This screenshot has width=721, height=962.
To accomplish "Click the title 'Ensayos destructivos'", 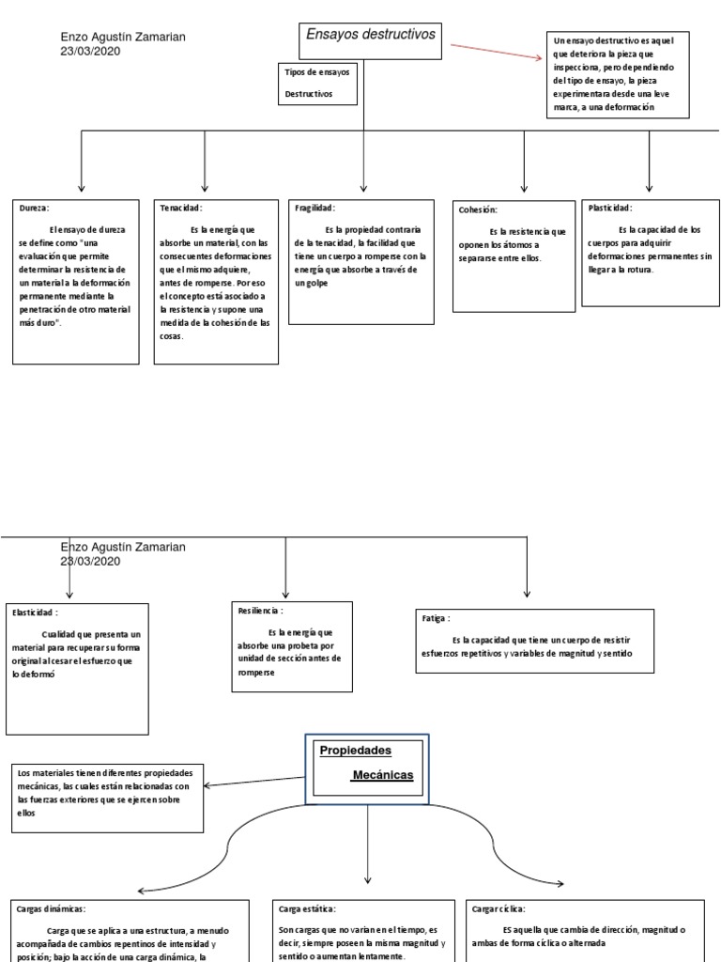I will tap(371, 34).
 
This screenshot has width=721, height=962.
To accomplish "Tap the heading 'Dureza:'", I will tap(34, 208).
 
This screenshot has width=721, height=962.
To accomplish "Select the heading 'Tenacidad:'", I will tap(181, 208).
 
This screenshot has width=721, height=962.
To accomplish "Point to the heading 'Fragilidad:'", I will tap(314, 208).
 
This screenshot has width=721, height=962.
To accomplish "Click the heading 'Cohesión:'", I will tap(478, 210).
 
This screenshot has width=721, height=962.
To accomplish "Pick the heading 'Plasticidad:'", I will tap(609, 208).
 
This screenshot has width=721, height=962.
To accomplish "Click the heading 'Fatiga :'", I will tap(437, 619).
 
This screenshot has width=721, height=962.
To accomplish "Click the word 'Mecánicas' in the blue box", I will tap(382, 775).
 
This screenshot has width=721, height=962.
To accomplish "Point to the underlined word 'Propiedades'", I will tap(356, 751).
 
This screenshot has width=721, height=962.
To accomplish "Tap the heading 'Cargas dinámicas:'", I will tap(52, 908).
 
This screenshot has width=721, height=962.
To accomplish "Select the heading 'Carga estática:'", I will tap(307, 908).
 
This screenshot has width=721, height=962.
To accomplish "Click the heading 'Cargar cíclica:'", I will tap(500, 908).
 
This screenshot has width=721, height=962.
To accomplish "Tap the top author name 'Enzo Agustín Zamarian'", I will tap(123, 37).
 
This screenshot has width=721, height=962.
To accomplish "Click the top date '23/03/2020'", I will tap(91, 51).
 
